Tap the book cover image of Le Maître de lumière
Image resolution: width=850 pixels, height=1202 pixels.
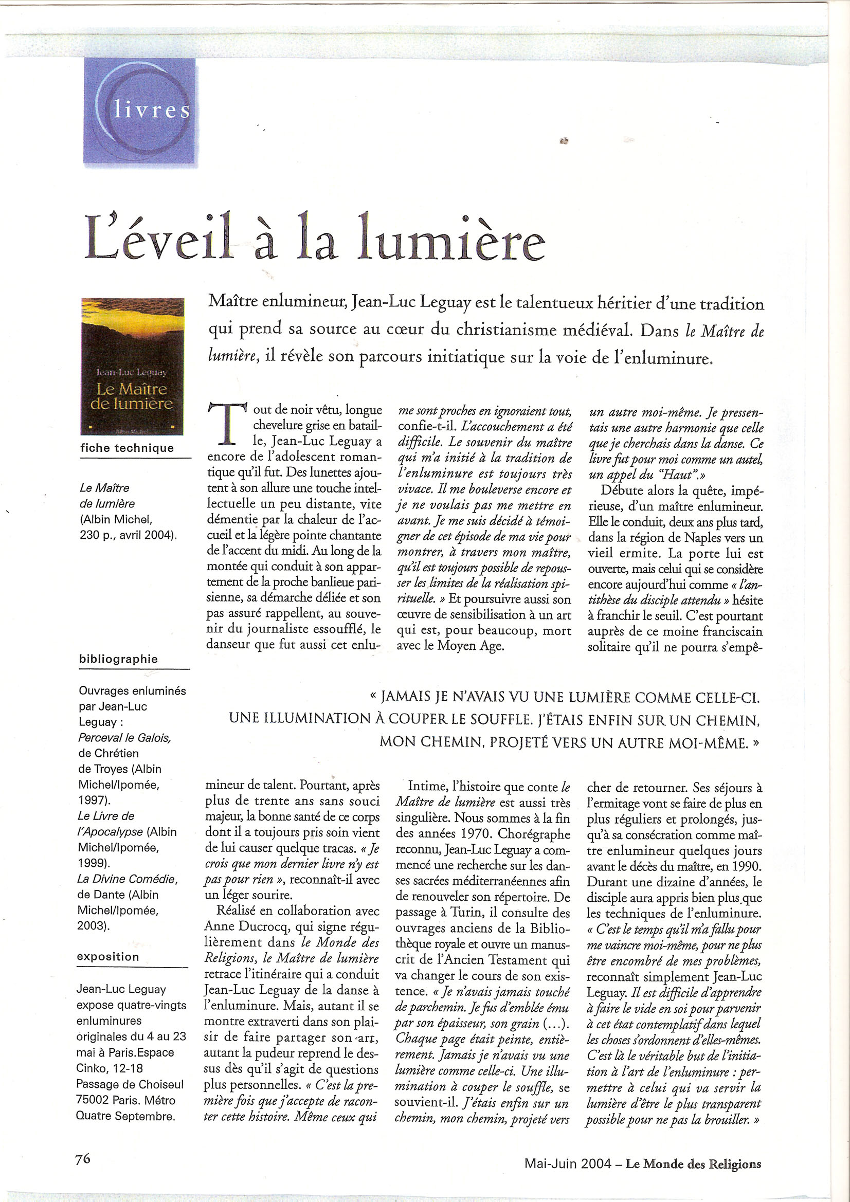133,366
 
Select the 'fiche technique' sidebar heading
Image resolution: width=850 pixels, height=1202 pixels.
126,448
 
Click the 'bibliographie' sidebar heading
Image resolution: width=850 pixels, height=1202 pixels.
118,659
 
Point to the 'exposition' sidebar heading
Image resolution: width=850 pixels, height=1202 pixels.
108,956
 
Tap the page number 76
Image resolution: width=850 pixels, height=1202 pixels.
83,1158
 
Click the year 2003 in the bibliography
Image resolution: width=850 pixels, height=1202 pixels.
91,925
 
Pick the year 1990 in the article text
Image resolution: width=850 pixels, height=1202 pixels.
745,866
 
